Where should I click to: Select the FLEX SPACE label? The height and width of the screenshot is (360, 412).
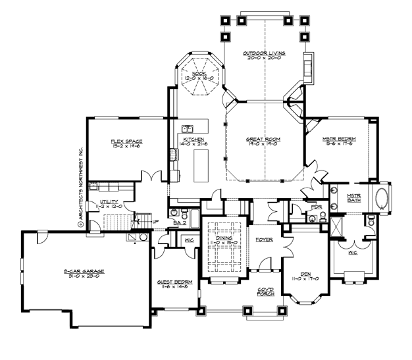[x=126, y=141]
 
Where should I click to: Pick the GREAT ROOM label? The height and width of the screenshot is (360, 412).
[x=263, y=140]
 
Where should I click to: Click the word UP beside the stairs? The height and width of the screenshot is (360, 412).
[x=155, y=222]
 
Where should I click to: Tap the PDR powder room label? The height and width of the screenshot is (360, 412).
[x=316, y=207]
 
